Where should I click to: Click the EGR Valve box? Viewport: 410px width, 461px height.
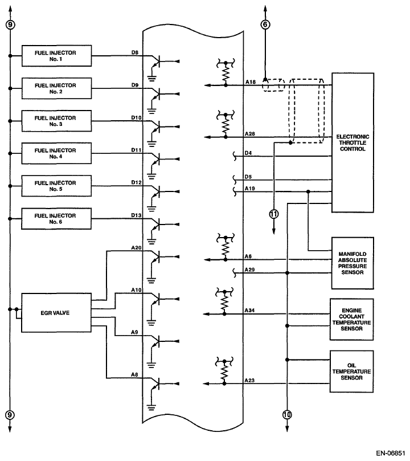point(55,313)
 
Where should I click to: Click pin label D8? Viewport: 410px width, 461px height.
point(135,52)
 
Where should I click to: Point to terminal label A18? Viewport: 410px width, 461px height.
point(249,82)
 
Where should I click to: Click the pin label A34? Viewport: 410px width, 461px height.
point(249,310)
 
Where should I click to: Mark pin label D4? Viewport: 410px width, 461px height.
point(248,153)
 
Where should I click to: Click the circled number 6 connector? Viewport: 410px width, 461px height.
point(265,24)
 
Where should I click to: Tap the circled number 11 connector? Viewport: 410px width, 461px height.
point(273,214)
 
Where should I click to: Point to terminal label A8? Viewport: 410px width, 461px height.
point(135,374)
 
